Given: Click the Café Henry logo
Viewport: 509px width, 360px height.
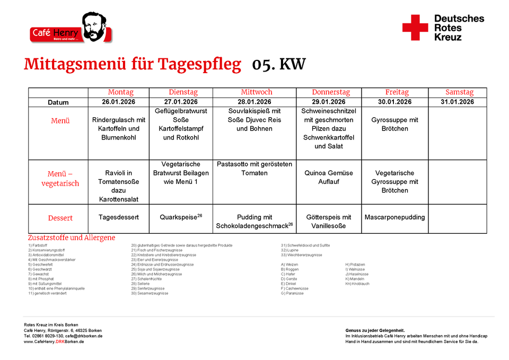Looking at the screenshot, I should click(71, 29).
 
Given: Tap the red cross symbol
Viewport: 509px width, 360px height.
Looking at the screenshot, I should click(415, 28).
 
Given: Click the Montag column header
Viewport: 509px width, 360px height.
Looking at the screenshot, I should click(120, 92).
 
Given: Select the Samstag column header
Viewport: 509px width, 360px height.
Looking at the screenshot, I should click(459, 92).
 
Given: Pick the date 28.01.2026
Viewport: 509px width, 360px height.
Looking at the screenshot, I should click(254, 102).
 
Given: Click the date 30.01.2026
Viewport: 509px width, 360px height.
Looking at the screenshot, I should click(395, 102).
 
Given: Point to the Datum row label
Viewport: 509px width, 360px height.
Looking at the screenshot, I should click(58, 102).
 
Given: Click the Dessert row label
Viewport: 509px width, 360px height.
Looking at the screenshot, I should click(60, 218).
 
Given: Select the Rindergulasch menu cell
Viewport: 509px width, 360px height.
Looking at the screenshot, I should click(119, 129).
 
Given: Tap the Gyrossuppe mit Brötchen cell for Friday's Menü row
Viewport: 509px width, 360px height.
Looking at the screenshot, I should click(395, 125).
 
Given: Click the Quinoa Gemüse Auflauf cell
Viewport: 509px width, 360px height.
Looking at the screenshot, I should click(329, 177).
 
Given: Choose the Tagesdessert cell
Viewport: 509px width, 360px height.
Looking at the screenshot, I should click(119, 217).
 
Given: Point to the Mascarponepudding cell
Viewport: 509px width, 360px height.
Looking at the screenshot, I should click(395, 217).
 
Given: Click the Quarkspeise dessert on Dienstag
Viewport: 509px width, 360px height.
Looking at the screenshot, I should click(181, 217).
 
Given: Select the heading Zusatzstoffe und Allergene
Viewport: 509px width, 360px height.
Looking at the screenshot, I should click(72, 238).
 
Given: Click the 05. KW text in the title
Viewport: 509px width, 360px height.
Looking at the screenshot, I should click(279, 65).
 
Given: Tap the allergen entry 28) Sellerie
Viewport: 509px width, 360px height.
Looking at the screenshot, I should click(141, 284).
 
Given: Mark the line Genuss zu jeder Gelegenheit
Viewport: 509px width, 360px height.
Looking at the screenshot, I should click(375, 330).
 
